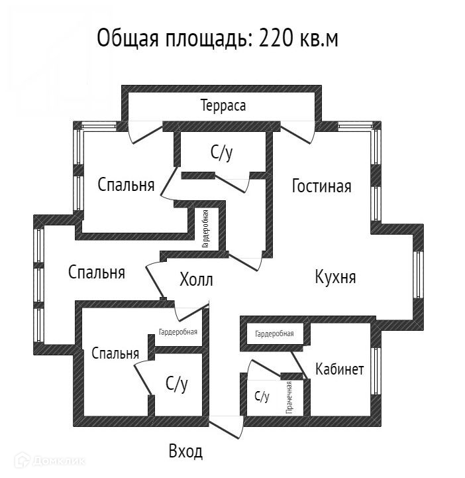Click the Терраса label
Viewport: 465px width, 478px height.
pos(223,105)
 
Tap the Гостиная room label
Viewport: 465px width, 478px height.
pos(321,186)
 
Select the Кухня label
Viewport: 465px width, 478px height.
pos(335,276)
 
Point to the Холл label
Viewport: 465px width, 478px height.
pos(196,280)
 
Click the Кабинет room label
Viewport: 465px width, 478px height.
pos(339,369)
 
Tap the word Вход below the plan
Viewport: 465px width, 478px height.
pos(185,452)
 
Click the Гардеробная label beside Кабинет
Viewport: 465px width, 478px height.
pos(274,333)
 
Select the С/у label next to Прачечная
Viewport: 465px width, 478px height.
pos(262,397)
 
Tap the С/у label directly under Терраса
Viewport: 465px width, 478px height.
pos(222,154)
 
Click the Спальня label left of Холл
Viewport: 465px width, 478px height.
pos(97,271)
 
